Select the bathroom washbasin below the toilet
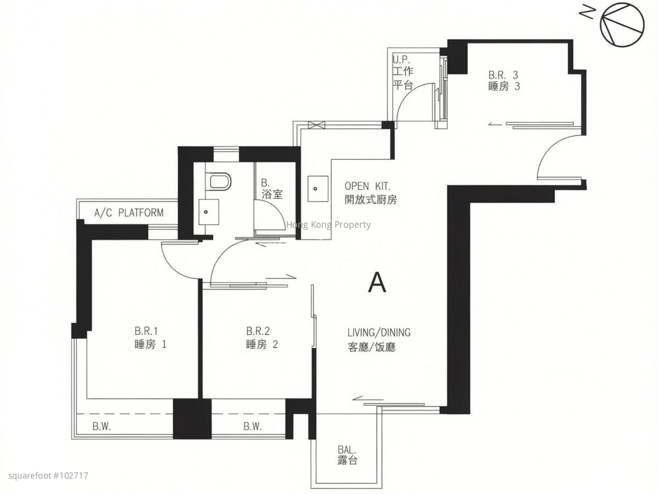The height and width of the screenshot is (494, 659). pos(209,211)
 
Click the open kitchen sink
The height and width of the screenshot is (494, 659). pos(318,189)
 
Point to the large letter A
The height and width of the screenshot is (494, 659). pos(377,282)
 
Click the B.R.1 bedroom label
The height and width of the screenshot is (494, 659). pos(150,338)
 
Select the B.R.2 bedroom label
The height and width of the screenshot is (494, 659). pos(262,338)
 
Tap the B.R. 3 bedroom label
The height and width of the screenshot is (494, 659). pos(504,80)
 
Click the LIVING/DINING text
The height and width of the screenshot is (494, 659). pos(379,332)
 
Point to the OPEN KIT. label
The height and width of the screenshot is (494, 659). pos(368,186)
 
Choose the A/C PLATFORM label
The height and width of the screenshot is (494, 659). pos(129,212)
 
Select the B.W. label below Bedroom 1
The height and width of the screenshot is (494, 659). pos(102,426)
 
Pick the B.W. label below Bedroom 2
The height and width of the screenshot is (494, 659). pos(253,426)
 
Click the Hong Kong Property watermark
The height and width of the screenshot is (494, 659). pos(328,224)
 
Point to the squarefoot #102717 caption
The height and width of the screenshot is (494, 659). pos(48,476)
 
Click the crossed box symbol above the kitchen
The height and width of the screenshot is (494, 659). pos(316,125)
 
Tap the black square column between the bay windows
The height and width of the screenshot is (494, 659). pos(192,419)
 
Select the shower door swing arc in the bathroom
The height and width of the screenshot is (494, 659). pos(275,210)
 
